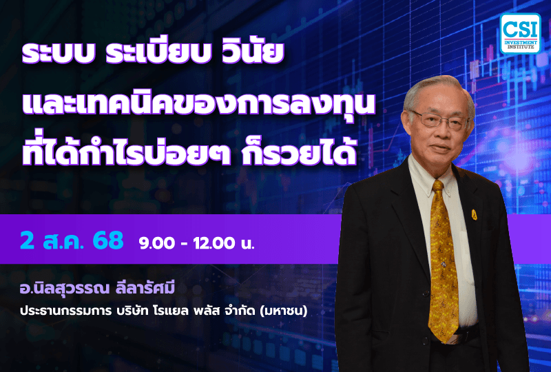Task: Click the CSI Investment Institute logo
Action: [x=520, y=33]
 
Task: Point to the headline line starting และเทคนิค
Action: [x=200, y=105]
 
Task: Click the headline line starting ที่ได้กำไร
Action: [x=189, y=150]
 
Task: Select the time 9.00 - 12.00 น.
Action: [x=196, y=243]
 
